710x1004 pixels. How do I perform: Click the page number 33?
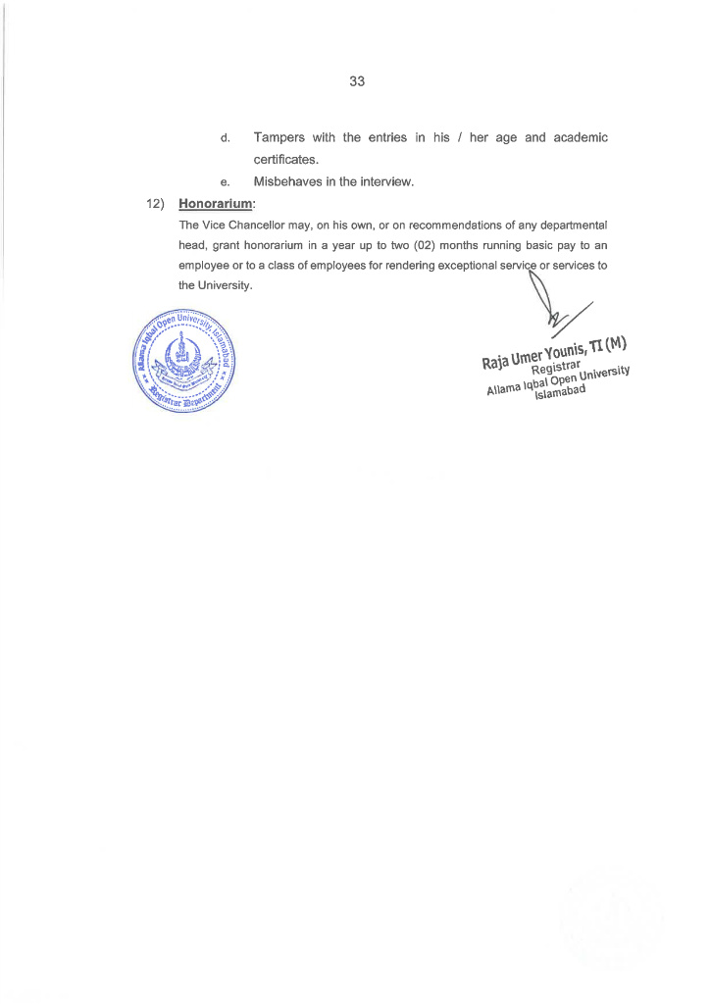[356, 81]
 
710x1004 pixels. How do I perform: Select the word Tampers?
[280, 137]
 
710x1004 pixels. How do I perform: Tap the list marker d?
[225, 138]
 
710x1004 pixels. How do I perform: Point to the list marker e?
[225, 182]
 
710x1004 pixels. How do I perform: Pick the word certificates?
[286, 160]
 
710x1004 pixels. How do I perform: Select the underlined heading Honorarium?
[216, 205]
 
